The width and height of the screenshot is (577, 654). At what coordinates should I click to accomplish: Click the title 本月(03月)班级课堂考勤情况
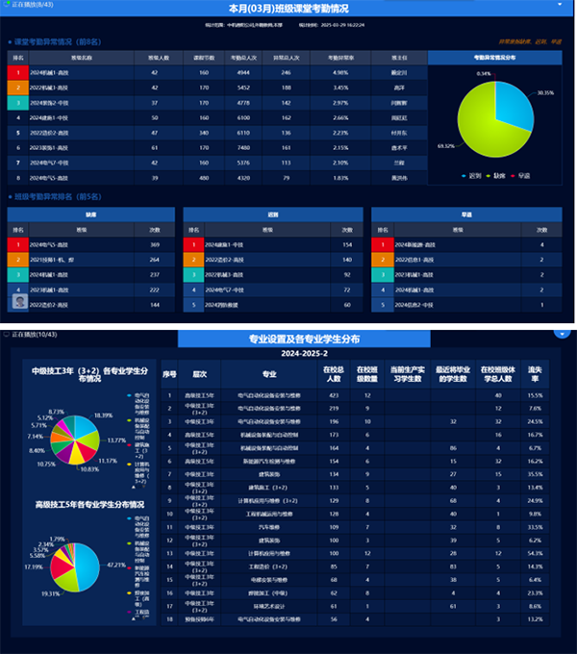coord(288,8)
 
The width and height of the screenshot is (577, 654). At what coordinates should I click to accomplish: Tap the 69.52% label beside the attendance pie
coord(444,146)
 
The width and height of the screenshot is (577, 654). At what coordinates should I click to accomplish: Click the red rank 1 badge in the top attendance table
coord(16,72)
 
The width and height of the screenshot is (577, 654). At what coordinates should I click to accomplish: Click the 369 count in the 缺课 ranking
coord(154,245)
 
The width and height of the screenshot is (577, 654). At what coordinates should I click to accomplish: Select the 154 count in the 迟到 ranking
coord(347,245)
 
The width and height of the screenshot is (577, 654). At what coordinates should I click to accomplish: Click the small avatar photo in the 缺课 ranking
coord(17,303)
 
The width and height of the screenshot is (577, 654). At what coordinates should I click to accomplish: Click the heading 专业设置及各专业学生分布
coord(290,340)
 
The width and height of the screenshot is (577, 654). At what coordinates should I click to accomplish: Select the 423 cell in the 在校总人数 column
coord(334,395)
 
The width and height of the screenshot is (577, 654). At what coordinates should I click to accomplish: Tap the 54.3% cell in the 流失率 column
coord(535,552)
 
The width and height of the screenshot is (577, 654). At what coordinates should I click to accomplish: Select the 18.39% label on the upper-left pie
coord(103,415)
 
